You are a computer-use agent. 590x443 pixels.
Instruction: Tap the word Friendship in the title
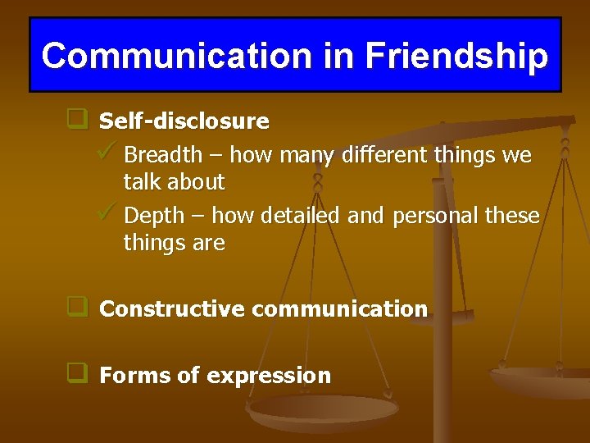point(456,56)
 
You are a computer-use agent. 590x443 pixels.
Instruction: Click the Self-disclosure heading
point(184,121)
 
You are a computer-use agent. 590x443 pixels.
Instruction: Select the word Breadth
point(162,154)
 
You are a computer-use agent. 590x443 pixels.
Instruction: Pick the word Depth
point(154,216)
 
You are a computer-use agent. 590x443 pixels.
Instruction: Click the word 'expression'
point(269,377)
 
